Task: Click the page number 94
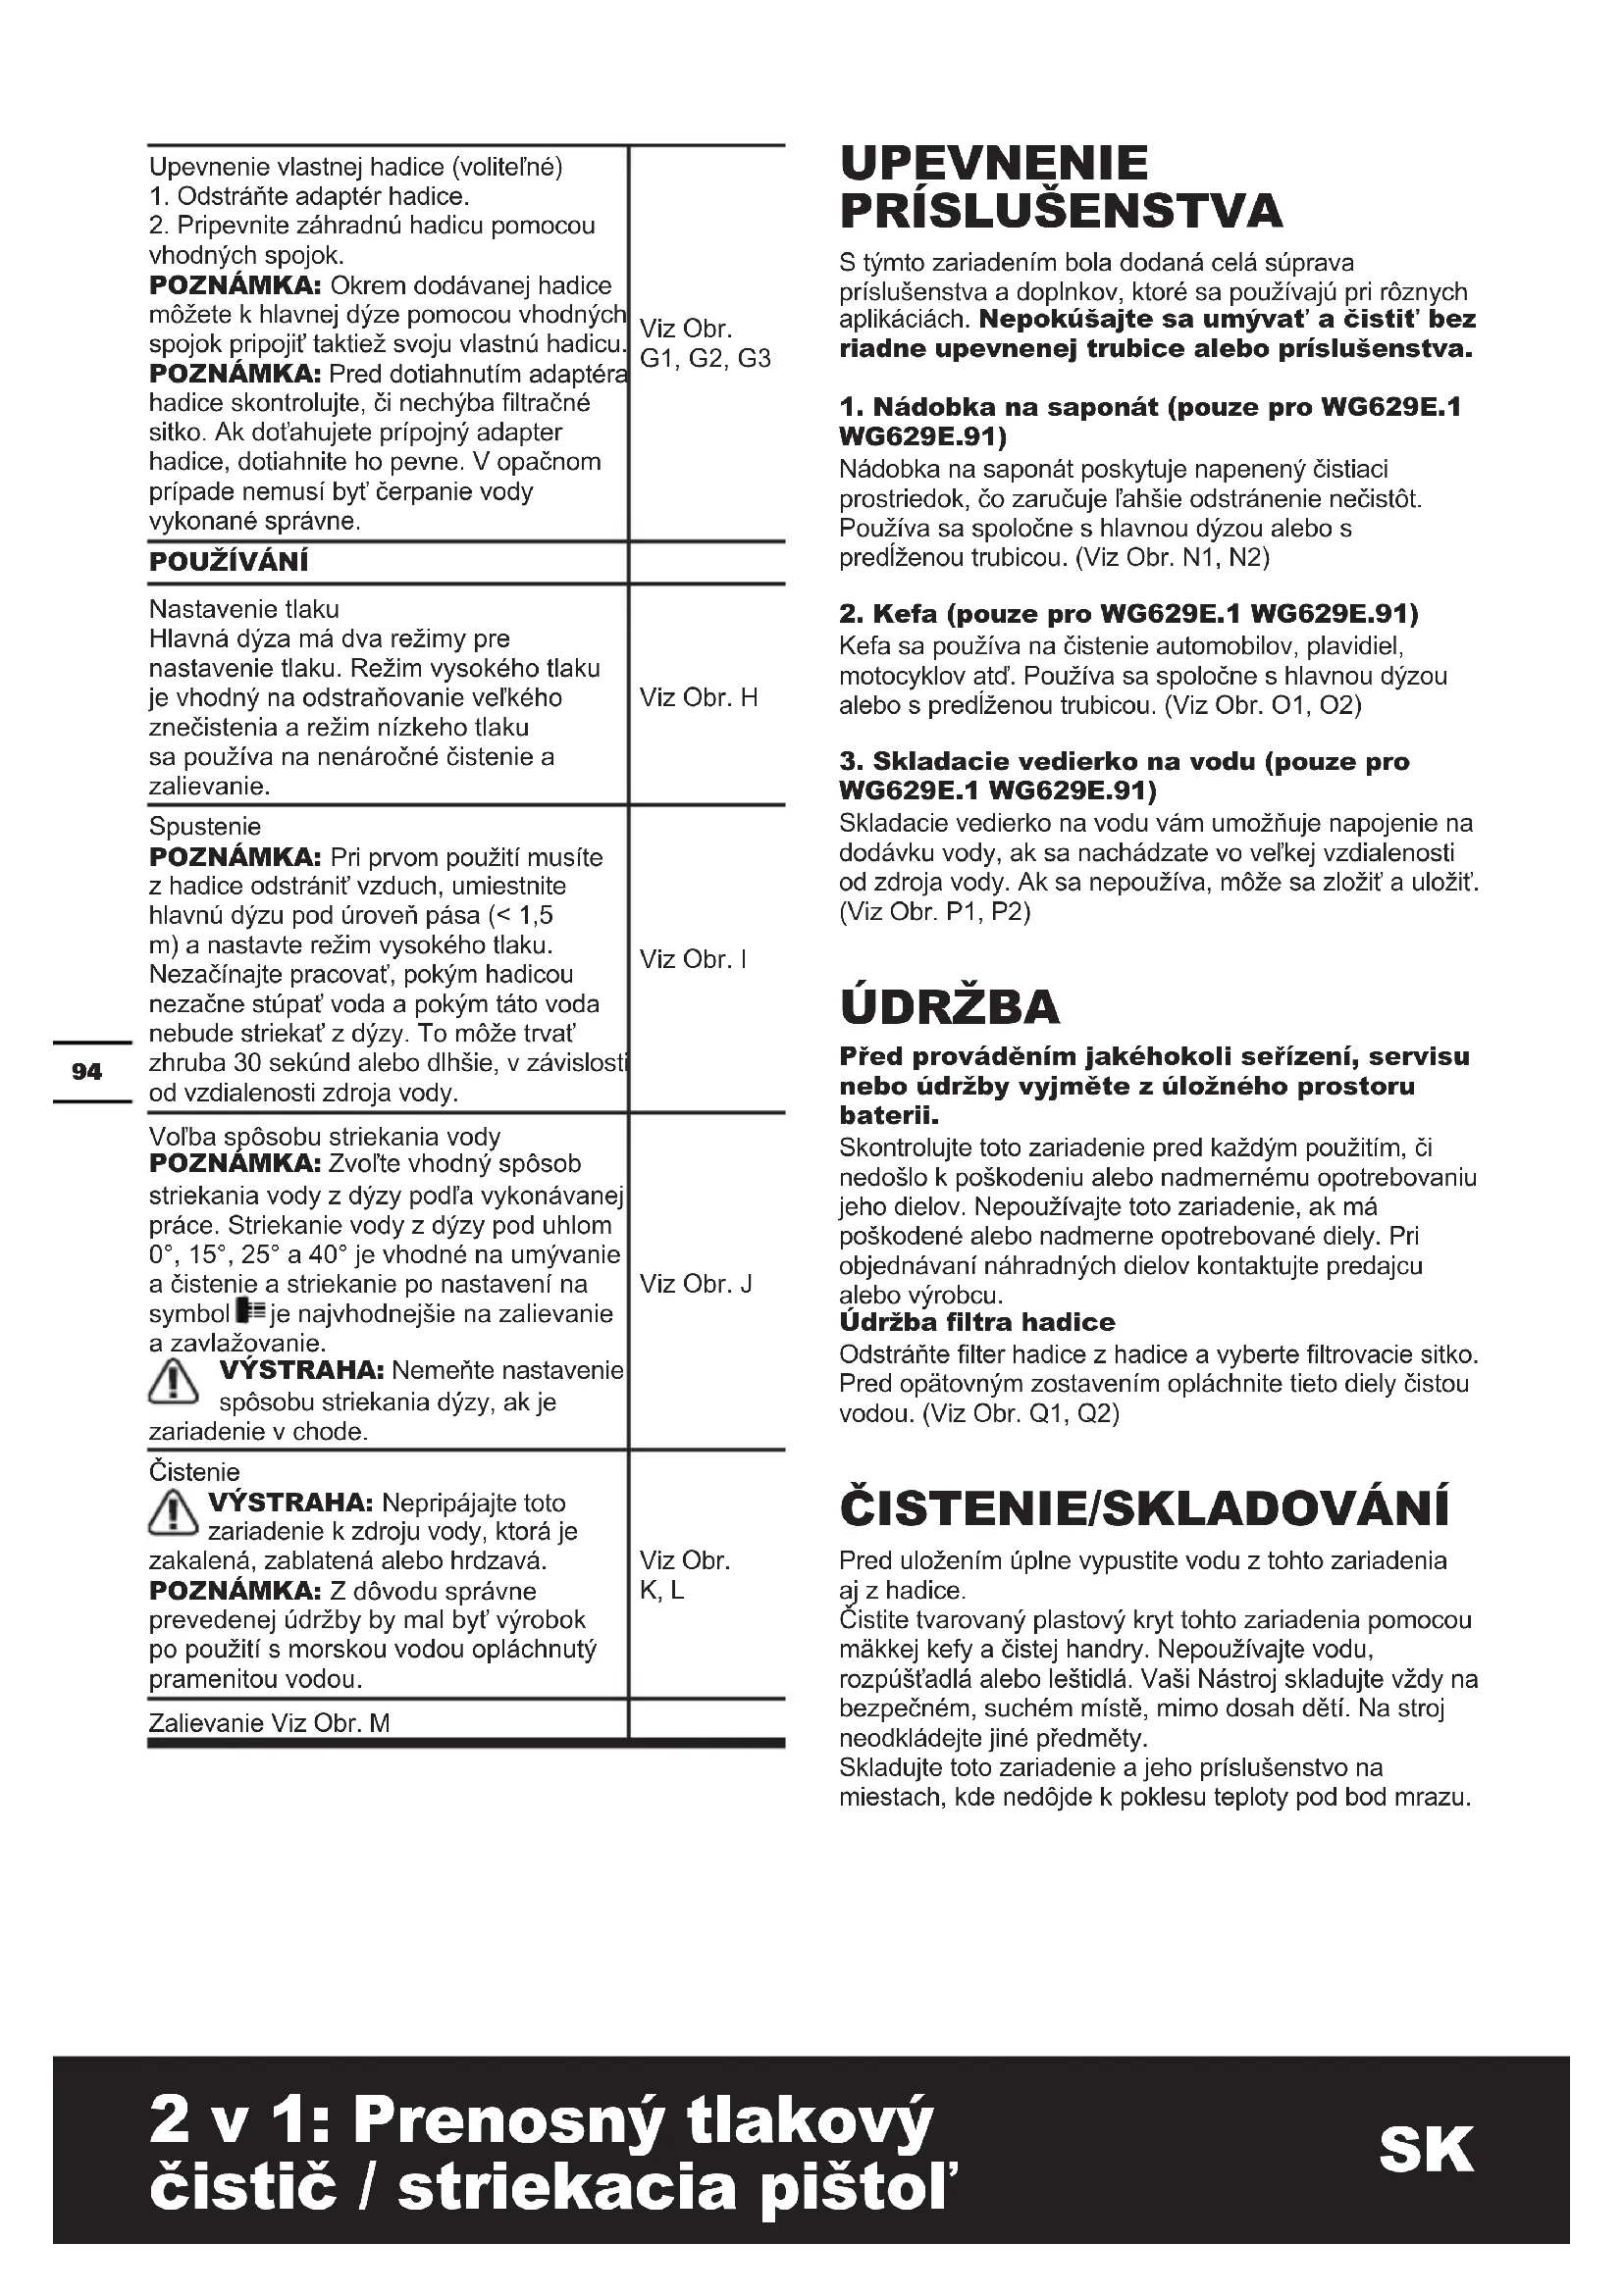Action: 87,1072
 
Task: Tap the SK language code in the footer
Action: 1426,2150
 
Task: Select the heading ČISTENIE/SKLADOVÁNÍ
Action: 1144,1508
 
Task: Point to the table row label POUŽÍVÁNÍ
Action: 229,563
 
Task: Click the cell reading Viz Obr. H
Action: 699,697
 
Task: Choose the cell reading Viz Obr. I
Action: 694,959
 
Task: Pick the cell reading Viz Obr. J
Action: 697,1284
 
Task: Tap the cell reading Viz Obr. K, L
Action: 685,1575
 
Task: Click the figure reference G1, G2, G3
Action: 706,359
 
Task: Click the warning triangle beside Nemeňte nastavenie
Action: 174,1382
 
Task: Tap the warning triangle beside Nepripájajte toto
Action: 172,1510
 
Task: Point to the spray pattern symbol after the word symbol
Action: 250,1313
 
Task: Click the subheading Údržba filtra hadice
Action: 977,1323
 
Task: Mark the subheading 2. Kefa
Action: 1129,612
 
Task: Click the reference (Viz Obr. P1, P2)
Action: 934,912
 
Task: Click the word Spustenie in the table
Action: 205,826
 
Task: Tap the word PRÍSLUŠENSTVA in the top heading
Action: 1062,211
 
